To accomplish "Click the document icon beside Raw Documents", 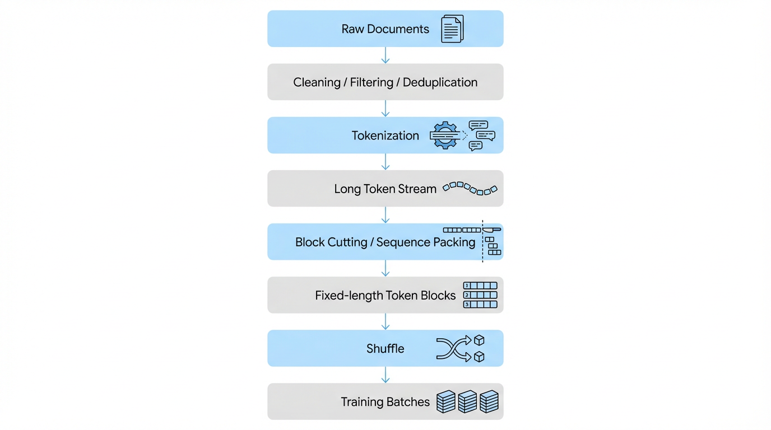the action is (452, 29).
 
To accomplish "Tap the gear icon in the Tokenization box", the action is (444, 135).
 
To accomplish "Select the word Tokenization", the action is (385, 135).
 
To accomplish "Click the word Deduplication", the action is (440, 82).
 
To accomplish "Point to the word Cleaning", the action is (317, 82).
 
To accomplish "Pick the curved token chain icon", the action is (470, 188).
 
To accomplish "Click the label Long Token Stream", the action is (385, 189).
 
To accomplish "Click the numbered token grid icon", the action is (480, 295).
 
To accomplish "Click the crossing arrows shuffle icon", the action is (453, 348).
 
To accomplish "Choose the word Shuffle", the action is (385, 348).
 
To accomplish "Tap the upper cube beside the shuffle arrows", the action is (479, 340).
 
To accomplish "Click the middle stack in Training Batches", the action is (467, 401).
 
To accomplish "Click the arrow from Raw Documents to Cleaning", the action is (386, 55).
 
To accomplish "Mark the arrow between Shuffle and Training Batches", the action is (386, 375).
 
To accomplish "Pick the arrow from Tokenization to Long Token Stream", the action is (386, 162).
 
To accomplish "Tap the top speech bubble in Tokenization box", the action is (478, 125).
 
